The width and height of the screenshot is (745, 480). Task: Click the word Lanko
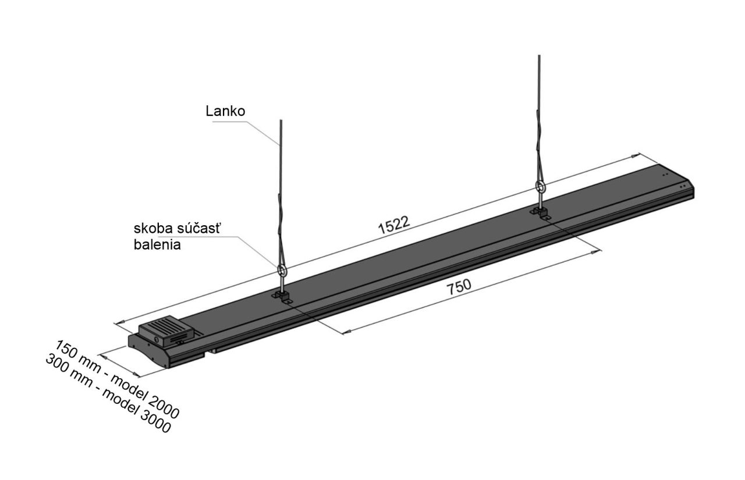click(225, 111)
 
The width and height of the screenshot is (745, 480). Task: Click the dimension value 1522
click(394, 225)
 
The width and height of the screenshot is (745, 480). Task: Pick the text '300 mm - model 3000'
click(108, 393)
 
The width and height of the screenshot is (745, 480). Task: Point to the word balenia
click(157, 245)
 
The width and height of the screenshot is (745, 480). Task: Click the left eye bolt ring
click(281, 271)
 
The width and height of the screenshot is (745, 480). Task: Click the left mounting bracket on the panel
click(283, 297)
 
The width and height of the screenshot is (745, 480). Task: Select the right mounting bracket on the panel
click(541, 213)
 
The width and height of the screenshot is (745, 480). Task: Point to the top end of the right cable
click(539, 55)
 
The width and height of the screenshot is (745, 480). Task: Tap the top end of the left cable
click(281, 120)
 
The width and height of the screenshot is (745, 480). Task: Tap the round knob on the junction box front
click(156, 339)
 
